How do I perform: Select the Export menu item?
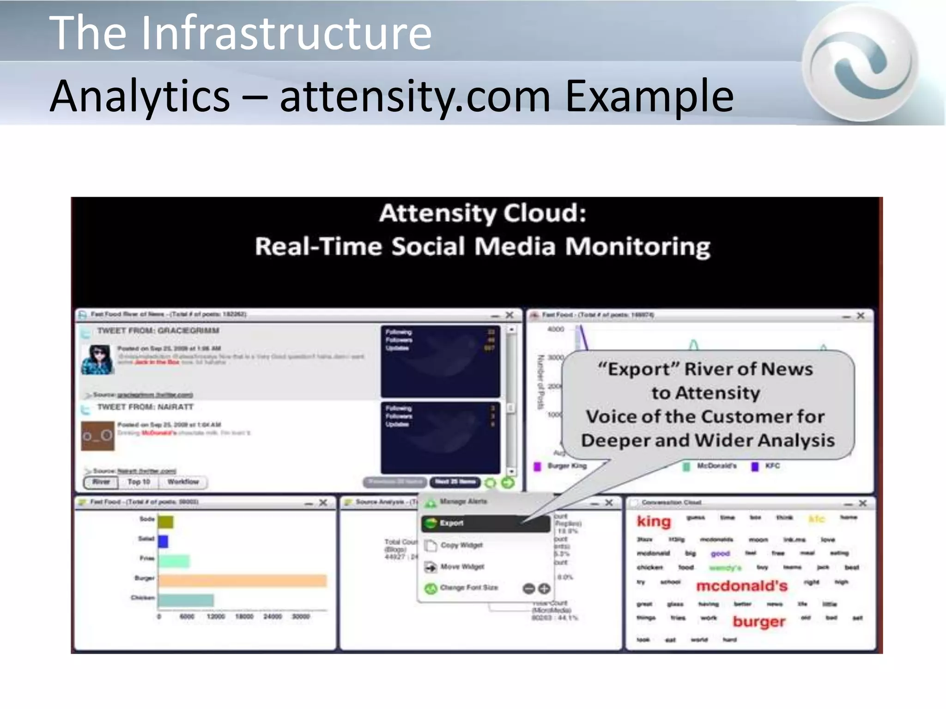(485, 523)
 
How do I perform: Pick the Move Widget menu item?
(462, 566)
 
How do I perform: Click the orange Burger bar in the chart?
(243, 580)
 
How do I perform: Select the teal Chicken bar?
(186, 600)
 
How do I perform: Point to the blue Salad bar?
(163, 541)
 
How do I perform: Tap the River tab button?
(101, 482)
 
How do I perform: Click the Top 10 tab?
(139, 482)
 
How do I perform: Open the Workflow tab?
(183, 482)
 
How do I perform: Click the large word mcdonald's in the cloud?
(741, 586)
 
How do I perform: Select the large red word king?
(654, 522)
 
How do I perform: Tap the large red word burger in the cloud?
(759, 621)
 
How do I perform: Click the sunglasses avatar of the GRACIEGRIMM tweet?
(97, 359)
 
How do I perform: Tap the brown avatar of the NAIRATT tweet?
(97, 436)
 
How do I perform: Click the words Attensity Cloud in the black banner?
(483, 213)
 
